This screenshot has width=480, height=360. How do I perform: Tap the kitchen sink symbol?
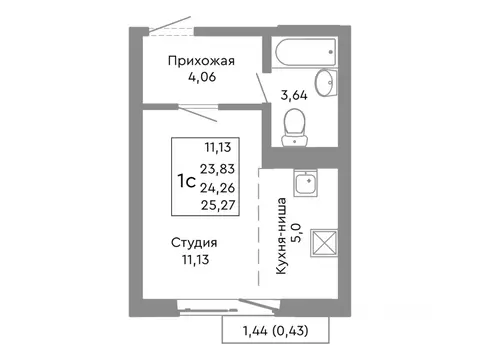pos(306,184)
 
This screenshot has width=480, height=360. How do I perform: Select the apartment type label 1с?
pos(186,181)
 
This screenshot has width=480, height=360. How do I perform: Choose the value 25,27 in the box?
pos(220,207)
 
